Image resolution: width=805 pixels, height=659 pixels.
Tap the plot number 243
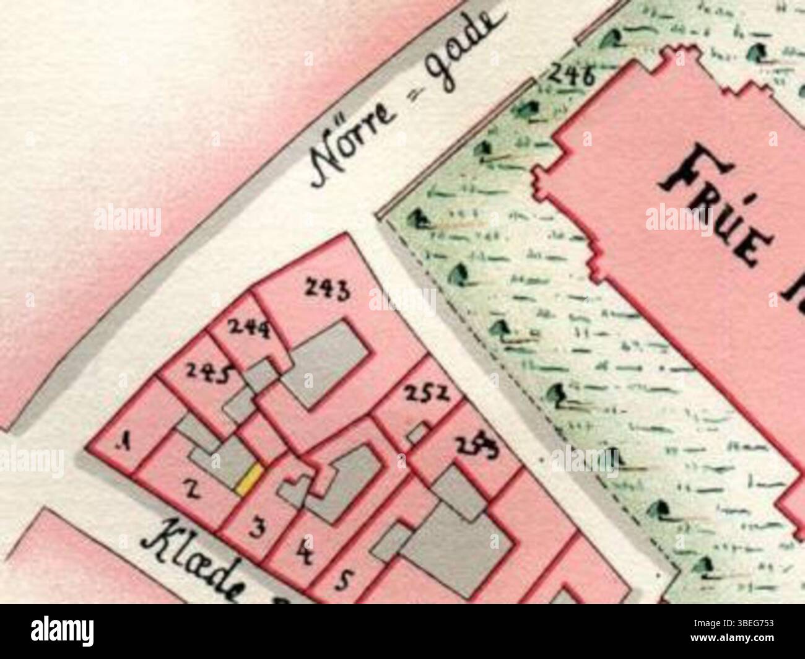pyautogui.click(x=328, y=289)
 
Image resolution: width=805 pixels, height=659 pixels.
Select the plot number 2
pyautogui.click(x=193, y=491)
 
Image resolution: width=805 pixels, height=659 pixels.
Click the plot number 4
pyautogui.click(x=304, y=551)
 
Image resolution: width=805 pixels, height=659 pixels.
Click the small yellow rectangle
pyautogui.click(x=250, y=480)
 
